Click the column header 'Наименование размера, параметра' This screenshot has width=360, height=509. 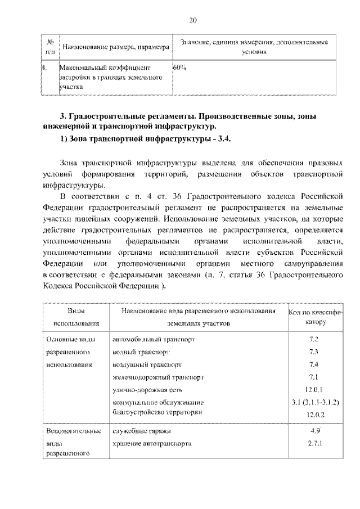click(x=115, y=47)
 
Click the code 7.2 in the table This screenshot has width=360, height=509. click(x=314, y=340)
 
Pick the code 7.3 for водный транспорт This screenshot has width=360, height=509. click(x=314, y=352)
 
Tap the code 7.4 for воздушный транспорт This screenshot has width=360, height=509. click(x=314, y=364)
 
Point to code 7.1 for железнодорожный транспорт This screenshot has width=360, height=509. click(x=314, y=377)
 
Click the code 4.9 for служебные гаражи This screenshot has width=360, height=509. click(x=314, y=431)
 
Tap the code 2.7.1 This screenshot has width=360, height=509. click(x=314, y=444)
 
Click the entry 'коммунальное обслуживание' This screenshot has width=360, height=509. click(x=158, y=403)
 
